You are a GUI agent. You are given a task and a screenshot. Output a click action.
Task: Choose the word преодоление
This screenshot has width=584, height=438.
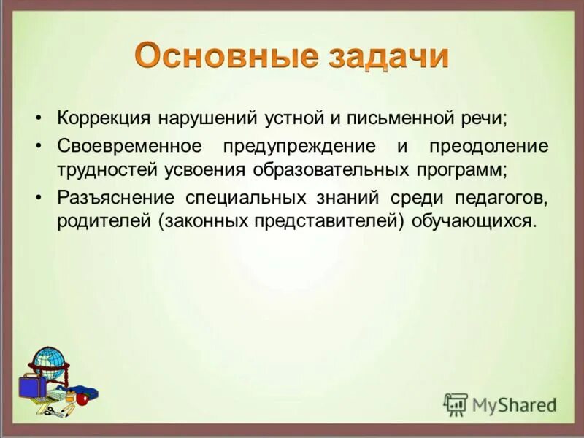point(488,145)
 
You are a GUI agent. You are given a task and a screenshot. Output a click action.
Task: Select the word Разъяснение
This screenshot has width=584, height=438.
point(116,196)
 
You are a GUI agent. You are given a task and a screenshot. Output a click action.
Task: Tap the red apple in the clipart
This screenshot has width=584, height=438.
point(82,399)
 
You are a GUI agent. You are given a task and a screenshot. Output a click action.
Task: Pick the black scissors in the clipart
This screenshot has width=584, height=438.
point(51,411)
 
